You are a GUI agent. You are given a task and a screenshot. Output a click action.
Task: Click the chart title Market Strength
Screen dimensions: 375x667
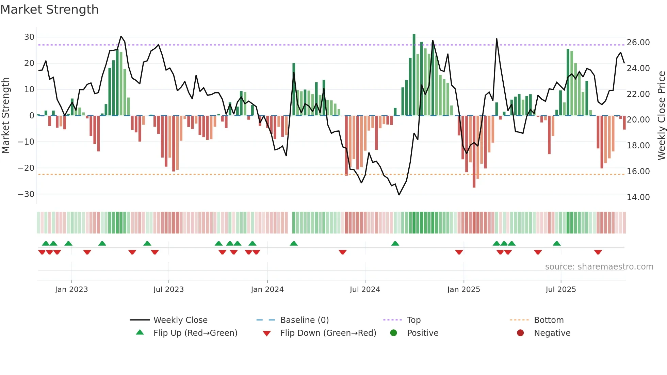click(49, 10)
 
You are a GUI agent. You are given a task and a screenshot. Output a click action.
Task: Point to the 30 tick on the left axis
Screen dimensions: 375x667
click(29, 37)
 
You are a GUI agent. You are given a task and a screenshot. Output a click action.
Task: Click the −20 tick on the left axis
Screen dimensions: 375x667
click(26, 168)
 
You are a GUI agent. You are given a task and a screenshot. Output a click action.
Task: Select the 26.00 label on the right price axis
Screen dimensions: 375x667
click(638, 43)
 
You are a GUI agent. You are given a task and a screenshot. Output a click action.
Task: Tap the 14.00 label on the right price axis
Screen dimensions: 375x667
click(638, 197)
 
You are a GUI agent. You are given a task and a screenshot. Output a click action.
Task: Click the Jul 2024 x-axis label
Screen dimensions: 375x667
click(365, 289)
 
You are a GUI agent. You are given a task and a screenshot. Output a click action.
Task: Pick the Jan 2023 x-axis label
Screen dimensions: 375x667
click(71, 289)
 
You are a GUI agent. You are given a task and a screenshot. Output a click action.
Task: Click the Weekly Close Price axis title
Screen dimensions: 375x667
click(661, 115)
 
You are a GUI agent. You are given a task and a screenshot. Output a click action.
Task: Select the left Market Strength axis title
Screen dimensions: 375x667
click(5, 115)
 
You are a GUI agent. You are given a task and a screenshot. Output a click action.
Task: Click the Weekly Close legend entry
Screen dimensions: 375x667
click(180, 320)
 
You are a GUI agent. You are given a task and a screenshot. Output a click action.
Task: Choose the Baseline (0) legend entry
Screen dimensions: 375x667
click(304, 320)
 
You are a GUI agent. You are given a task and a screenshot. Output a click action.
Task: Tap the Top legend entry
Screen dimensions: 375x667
click(414, 320)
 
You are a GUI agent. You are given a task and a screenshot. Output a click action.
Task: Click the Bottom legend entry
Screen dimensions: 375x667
click(549, 320)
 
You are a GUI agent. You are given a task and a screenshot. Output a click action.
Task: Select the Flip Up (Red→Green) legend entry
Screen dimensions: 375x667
click(195, 333)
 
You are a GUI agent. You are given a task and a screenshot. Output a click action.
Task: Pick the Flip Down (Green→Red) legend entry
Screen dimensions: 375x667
click(328, 333)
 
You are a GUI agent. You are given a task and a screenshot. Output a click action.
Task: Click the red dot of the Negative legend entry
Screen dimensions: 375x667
click(520, 333)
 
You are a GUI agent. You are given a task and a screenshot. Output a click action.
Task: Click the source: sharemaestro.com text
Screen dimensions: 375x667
click(599, 266)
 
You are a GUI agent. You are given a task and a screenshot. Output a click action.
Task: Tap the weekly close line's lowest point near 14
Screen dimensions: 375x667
click(399, 195)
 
